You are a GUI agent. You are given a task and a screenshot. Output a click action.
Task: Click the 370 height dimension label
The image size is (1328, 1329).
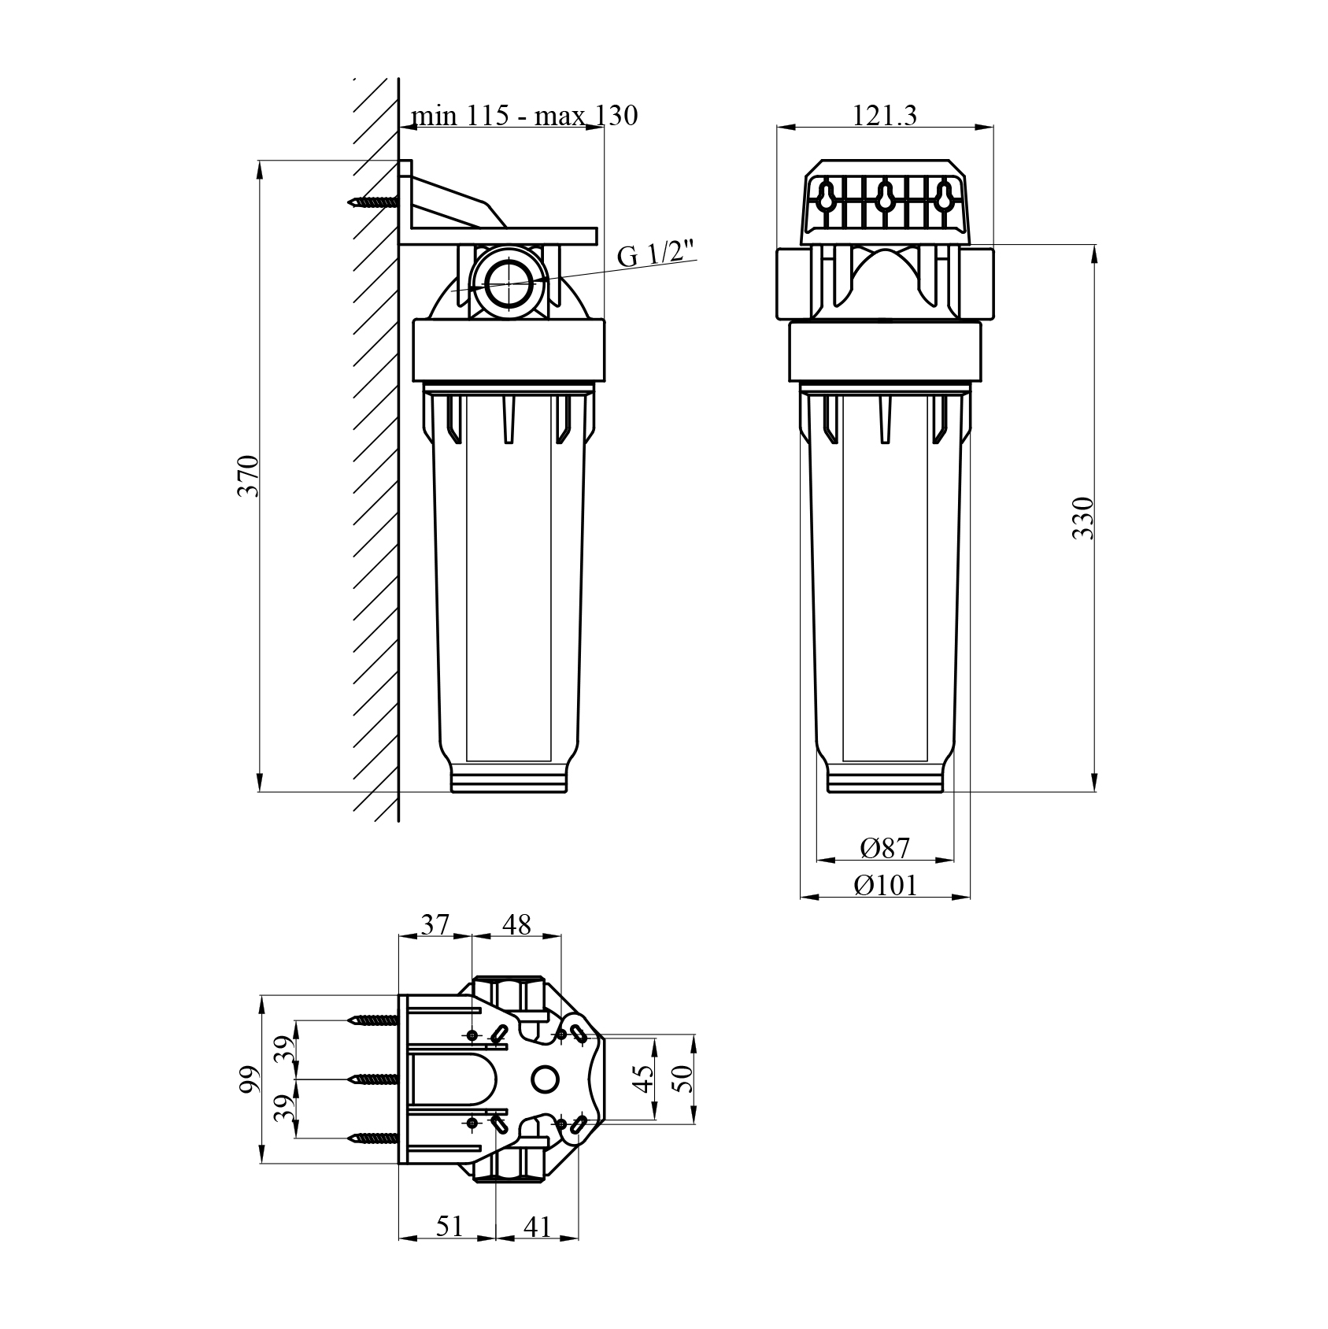[x=249, y=476]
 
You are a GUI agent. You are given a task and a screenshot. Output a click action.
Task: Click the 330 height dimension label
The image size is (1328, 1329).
[x=1084, y=517]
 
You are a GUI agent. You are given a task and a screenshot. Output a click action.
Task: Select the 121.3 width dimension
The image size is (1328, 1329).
[x=885, y=116]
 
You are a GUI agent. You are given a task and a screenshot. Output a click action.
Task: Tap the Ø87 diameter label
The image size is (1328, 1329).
[x=885, y=848]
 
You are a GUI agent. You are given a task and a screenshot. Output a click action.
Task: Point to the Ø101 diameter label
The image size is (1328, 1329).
[x=886, y=886]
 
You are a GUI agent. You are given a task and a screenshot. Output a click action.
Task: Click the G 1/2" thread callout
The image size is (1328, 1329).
[x=657, y=255]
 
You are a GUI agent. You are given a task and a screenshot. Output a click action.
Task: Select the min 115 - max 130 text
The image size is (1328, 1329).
[x=524, y=116]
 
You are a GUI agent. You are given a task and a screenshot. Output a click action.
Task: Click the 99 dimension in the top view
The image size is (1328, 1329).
[x=249, y=1079]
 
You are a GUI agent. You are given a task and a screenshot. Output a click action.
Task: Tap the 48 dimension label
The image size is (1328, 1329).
[x=516, y=924]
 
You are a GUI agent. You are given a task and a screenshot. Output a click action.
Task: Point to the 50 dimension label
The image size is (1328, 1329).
[x=682, y=1078]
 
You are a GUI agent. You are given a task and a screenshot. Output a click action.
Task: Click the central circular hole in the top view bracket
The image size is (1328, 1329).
[x=545, y=1079]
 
